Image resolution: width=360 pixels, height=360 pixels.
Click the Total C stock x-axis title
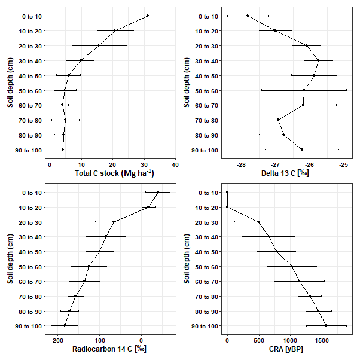[x=114, y=173]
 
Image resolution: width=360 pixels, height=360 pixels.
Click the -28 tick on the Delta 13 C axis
[x=242, y=163]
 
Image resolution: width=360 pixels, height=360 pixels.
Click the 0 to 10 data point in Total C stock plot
[x=148, y=16]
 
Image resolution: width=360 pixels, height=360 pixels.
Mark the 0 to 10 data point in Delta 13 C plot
[x=248, y=16]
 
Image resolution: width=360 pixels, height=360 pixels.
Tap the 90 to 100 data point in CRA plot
[x=326, y=325]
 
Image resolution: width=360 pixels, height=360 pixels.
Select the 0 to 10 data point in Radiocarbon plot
[x=158, y=192]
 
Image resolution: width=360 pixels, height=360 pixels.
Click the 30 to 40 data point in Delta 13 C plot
[x=318, y=60]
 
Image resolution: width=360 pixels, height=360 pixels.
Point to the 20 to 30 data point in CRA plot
[x=258, y=222]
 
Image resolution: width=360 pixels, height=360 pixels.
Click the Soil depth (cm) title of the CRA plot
[x=187, y=259]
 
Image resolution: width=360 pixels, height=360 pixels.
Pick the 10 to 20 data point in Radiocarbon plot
[x=148, y=207]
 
